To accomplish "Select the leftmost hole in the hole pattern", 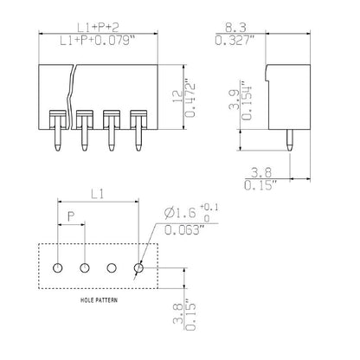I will [x=58, y=267].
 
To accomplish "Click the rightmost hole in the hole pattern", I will [x=138, y=267].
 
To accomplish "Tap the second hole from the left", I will [x=85, y=267].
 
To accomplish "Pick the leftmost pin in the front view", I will [x=57, y=134].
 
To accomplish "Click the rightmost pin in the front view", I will [x=137, y=134].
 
